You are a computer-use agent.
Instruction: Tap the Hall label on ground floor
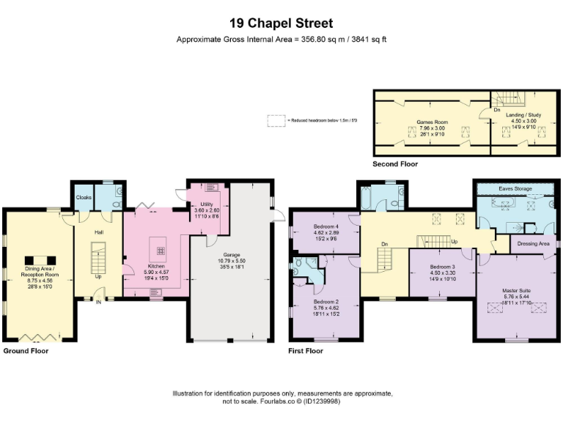(x=99, y=232)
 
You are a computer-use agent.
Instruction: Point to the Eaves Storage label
(x=514, y=189)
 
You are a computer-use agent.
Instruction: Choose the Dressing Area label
(x=533, y=243)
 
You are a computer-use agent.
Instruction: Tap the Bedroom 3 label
(x=442, y=266)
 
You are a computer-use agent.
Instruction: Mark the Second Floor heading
(x=395, y=164)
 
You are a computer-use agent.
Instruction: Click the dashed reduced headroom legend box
(x=276, y=119)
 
